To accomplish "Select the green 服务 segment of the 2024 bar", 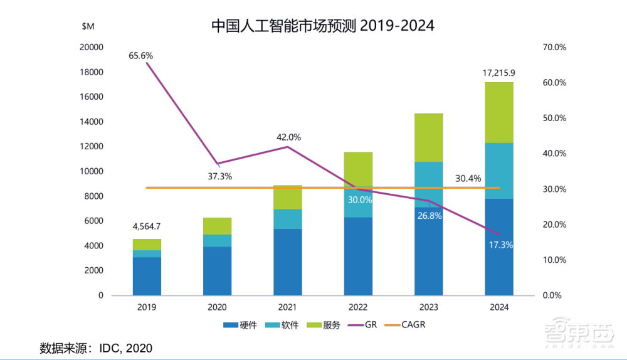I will tap(499, 113).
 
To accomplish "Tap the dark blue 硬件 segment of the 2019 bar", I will tap(147, 276).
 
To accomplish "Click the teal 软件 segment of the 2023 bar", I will tap(429, 182).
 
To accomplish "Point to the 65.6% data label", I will tap(140, 56).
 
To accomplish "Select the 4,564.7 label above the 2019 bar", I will tap(147, 226).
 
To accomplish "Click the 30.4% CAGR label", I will tap(469, 178).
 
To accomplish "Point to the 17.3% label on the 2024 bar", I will tap(500, 245).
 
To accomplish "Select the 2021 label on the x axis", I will tap(288, 308).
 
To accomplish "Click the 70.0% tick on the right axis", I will tap(554, 47).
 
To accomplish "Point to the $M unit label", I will tap(88, 26).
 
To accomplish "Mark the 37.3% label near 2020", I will tap(219, 176).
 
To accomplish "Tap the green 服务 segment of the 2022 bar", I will tap(358, 168).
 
